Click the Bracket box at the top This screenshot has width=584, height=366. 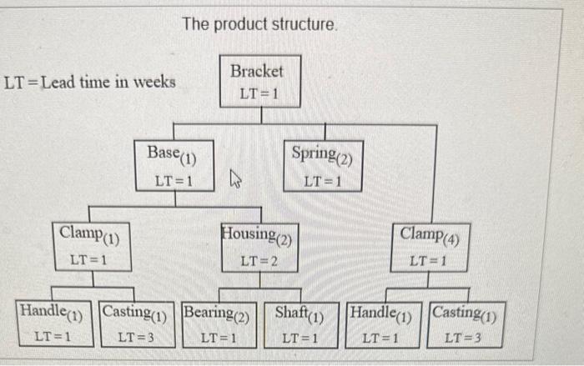(x=257, y=81)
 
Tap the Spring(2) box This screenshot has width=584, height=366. (x=324, y=165)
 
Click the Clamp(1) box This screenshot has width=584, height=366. (x=91, y=246)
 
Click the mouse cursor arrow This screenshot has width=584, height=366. (x=235, y=178)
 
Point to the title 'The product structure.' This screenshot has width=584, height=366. (x=259, y=25)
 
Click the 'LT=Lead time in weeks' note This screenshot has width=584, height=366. (x=90, y=82)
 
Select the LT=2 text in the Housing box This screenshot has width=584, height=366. (x=259, y=262)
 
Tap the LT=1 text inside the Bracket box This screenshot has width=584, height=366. (x=258, y=93)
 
